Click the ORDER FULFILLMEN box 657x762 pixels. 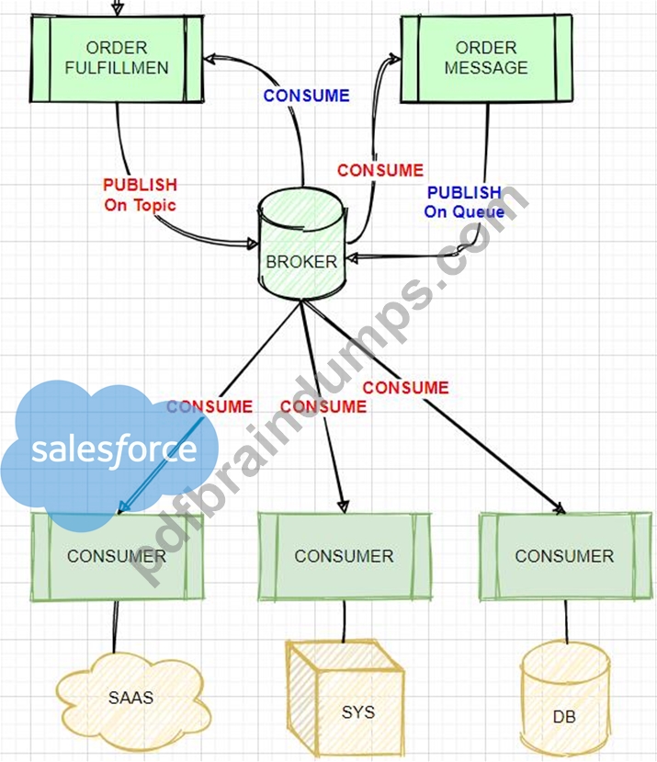117,58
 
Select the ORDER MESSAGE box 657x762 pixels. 486,59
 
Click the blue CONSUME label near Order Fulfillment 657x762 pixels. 307,96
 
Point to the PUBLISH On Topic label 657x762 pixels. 140,195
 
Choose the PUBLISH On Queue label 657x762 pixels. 464,202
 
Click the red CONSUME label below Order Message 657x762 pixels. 380,170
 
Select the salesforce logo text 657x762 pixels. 114,450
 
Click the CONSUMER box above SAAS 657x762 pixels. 117,557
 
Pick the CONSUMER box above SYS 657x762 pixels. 344,556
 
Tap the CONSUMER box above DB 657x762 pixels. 565,556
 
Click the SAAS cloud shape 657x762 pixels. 132,699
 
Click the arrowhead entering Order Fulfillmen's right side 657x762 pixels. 210,60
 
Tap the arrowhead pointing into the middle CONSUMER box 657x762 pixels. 343,506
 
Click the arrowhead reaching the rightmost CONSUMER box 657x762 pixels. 559,507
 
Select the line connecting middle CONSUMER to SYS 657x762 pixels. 345,621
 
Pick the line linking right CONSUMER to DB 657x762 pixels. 566,622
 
